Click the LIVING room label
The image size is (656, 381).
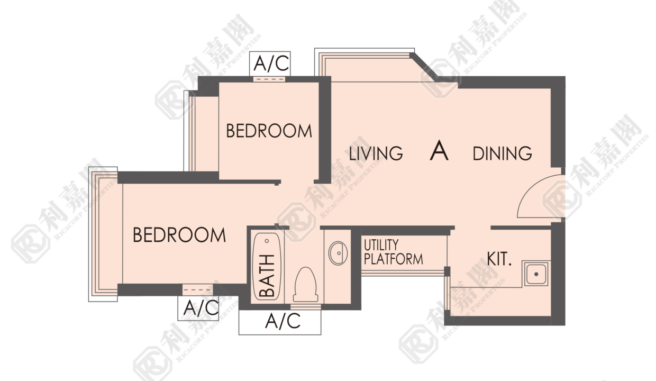tap(376, 153)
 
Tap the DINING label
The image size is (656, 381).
tap(502, 153)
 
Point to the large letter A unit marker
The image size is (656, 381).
tap(439, 150)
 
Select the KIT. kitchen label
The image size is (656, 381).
tap(499, 259)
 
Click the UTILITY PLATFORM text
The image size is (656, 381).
tap(393, 252)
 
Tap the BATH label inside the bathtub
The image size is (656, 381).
tap(267, 276)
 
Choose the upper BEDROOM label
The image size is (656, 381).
tap(269, 131)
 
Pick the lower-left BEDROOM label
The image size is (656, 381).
tap(179, 234)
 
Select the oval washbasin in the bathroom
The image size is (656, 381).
tap(338, 253)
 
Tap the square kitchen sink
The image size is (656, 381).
tap(536, 274)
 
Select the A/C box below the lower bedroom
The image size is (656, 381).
tap(198, 308)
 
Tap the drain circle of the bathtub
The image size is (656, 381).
tap(267, 241)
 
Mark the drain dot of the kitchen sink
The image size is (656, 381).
tap(536, 275)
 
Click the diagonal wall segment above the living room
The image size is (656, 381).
tap(425, 67)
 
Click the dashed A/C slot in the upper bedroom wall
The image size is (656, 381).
tap(269, 79)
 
